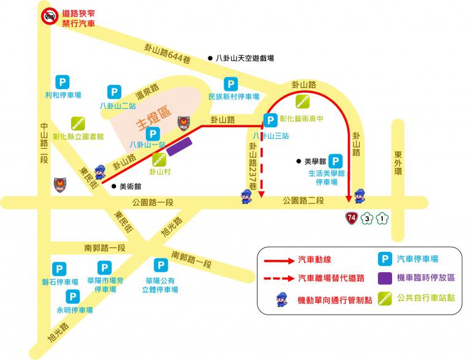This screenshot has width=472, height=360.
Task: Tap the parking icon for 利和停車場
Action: point(62,81)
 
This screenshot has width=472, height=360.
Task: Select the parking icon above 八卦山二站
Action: point(114,92)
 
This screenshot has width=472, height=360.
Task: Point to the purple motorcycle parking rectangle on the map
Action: point(179,146)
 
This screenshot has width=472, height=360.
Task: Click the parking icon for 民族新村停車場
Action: point(230,84)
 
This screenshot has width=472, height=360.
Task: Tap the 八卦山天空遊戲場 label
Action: point(245,58)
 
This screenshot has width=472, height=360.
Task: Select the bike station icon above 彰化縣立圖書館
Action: point(77,123)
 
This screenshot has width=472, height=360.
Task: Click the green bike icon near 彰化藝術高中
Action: point(302,102)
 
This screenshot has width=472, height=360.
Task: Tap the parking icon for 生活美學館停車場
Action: point(336,160)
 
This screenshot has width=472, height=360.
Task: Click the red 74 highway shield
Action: point(351,218)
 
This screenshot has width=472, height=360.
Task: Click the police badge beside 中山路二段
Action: point(60,184)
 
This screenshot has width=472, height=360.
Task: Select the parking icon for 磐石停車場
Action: point(60,269)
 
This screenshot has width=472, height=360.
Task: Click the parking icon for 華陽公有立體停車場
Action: point(161,265)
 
